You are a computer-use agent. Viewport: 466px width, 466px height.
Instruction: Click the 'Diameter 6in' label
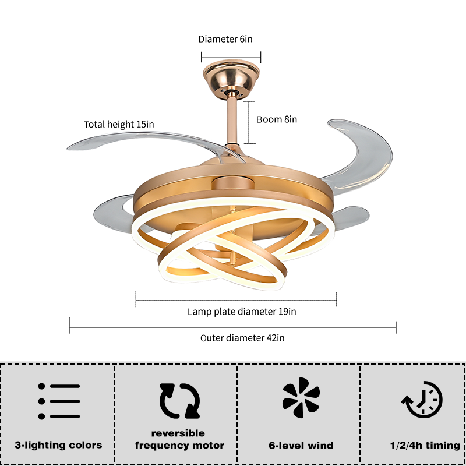225,40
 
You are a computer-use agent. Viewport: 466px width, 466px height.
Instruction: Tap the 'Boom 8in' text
277,119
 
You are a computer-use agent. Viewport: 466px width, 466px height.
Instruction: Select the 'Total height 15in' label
119,124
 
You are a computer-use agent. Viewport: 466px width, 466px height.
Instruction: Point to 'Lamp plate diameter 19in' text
242,312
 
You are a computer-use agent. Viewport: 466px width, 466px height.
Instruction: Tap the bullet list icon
59,401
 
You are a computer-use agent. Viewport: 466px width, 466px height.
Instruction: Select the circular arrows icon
179,401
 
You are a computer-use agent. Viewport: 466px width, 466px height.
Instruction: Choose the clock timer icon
423,401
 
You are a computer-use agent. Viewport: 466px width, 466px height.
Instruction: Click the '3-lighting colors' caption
59,445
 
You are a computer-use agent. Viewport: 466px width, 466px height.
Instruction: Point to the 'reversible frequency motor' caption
179,440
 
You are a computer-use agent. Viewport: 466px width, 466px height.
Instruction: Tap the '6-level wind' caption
301,446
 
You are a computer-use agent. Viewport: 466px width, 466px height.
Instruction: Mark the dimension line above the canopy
231,57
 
